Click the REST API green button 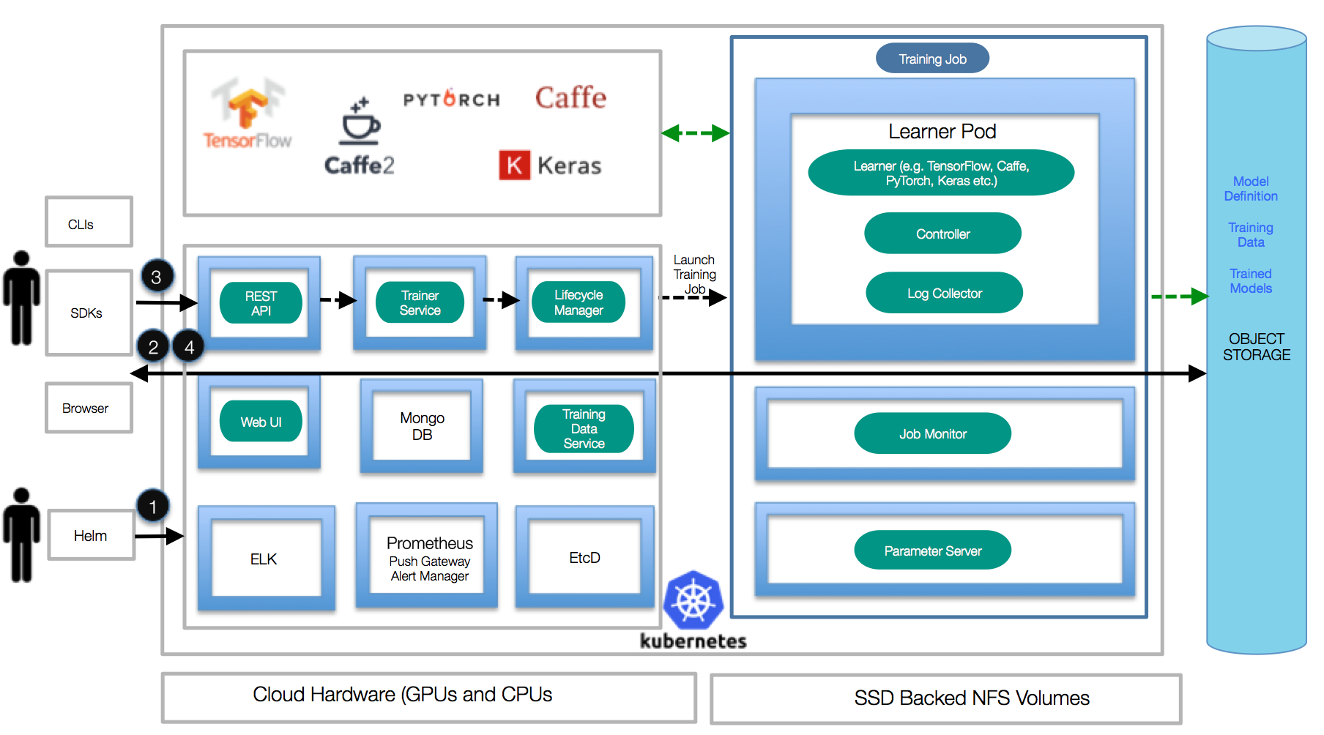261,303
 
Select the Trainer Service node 420,303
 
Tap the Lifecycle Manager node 579,302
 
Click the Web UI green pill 261,422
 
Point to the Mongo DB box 422,426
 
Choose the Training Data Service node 584,429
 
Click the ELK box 264,559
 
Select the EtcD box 584,558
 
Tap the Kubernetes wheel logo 693,600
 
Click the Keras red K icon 514,165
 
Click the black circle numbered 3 156,277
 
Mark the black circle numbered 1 152,506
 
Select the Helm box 91,536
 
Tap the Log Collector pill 944,294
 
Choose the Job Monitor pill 932,433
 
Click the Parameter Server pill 932,551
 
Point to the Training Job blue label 932,59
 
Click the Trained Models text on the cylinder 1250,281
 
